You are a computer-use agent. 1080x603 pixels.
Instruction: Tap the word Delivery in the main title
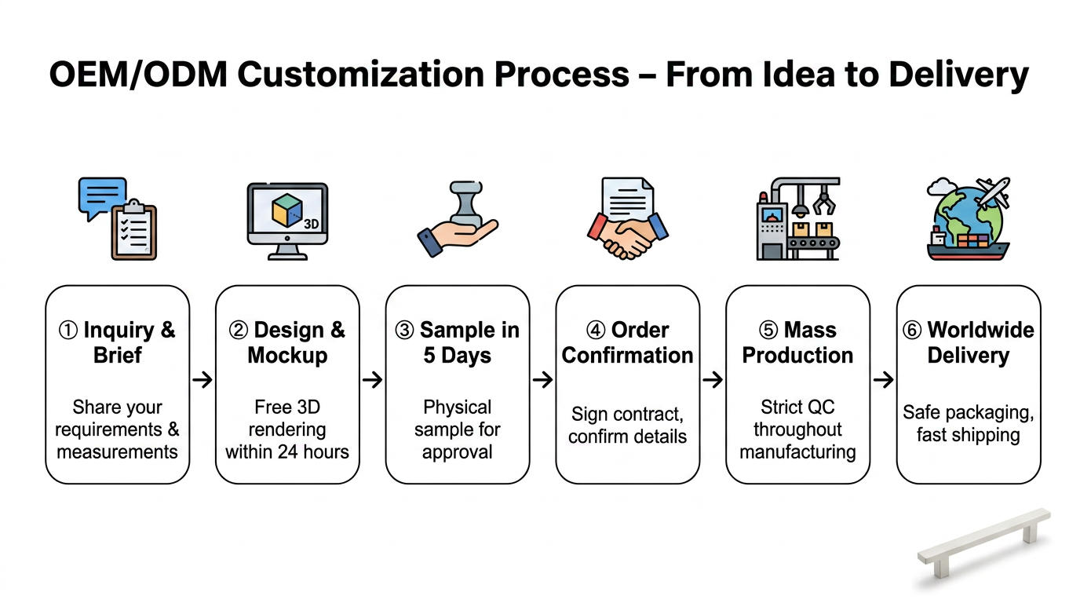[x=958, y=75]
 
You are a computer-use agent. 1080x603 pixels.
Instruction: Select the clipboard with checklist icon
[x=134, y=231]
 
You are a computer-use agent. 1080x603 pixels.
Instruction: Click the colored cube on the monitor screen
[x=287, y=210]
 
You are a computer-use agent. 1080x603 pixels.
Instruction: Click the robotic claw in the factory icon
[x=824, y=202]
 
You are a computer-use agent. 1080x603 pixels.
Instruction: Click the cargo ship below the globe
[x=968, y=247]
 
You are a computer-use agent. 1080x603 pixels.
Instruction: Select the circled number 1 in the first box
[x=68, y=331]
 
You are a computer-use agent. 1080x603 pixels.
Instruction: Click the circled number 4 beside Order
[x=596, y=331]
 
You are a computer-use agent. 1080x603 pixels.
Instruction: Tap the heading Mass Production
[x=797, y=342]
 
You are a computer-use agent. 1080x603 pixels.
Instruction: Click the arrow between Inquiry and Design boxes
[x=202, y=380]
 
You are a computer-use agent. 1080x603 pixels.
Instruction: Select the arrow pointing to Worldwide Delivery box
[x=883, y=380]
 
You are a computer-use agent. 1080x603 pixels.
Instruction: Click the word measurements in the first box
[x=117, y=452]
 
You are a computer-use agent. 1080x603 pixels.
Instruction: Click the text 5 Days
[x=457, y=356]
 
